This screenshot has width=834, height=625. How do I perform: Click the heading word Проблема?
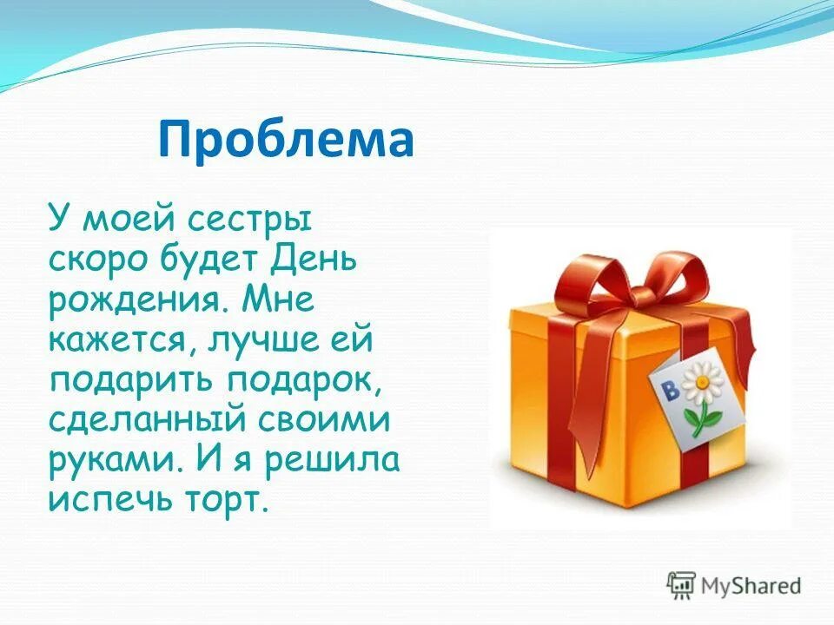[x=286, y=140]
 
